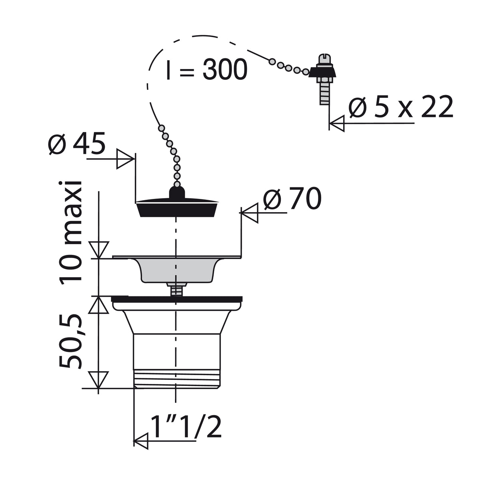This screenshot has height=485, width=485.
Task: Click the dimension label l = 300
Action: coord(207,70)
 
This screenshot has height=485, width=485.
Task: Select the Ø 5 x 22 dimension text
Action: coord(401,107)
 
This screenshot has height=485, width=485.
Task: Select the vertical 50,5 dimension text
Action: coord(72,341)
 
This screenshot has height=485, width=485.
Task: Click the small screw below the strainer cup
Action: coord(176,290)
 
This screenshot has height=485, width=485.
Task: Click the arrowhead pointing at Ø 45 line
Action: coord(125,159)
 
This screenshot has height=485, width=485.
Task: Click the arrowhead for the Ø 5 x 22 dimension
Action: coord(336,123)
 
